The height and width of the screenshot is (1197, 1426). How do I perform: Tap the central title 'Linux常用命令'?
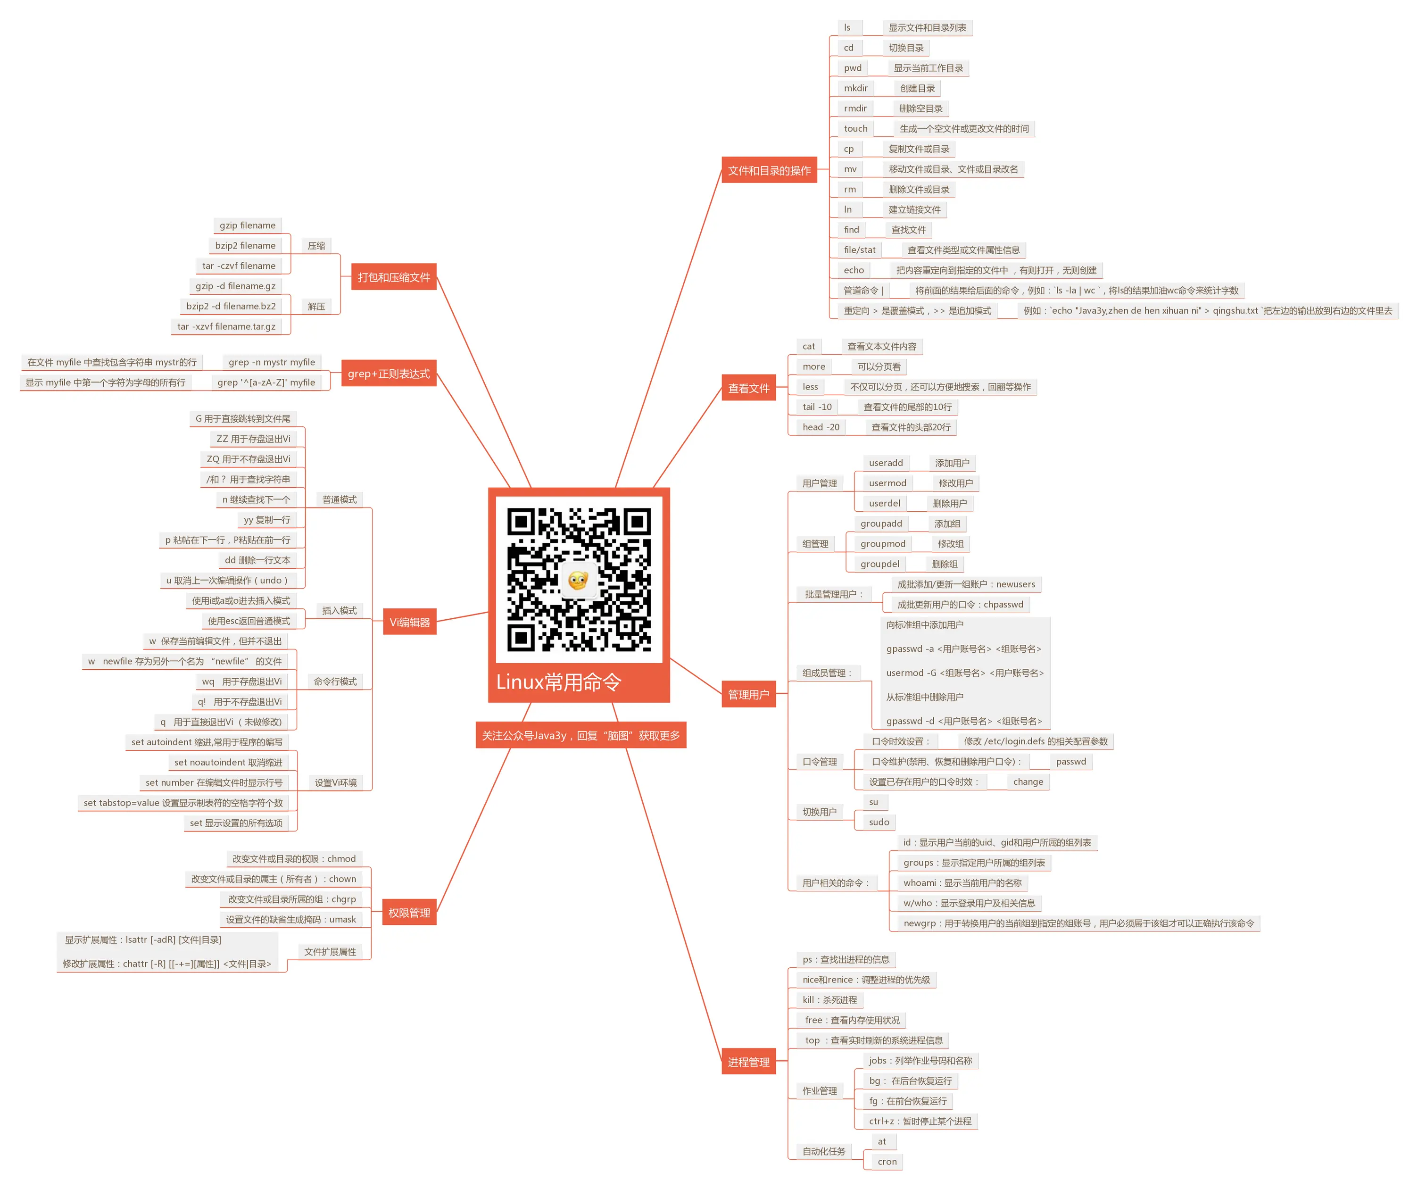tap(559, 682)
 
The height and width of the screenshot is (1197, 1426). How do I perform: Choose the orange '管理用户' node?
tap(748, 694)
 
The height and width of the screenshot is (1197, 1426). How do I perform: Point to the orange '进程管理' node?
tap(748, 1062)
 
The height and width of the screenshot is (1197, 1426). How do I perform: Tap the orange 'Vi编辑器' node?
tap(409, 622)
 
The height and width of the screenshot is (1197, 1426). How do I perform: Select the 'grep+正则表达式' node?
tap(389, 374)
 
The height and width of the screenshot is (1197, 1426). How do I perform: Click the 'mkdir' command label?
tap(855, 88)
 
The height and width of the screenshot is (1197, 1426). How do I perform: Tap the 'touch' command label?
tap(855, 128)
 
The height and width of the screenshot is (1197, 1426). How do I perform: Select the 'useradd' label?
tap(886, 463)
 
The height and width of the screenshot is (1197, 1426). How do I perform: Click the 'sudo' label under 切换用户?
tap(879, 822)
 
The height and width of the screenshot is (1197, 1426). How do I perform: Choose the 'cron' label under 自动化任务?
tap(887, 1162)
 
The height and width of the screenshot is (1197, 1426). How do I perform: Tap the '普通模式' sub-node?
tap(340, 499)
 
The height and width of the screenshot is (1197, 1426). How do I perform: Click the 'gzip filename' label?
tap(247, 225)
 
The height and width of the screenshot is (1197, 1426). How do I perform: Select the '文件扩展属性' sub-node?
tap(330, 952)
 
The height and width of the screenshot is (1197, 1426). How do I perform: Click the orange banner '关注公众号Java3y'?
tap(580, 735)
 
